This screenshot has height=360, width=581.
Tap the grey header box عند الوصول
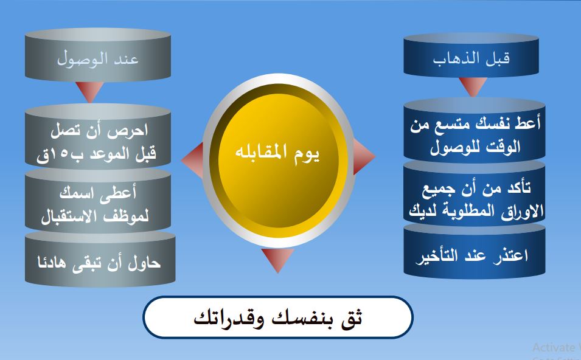coord(98,59)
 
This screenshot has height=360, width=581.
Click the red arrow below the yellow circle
coord(277,260)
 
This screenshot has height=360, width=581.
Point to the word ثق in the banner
coord(352,317)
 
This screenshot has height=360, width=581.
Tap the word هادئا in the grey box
coord(53,263)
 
